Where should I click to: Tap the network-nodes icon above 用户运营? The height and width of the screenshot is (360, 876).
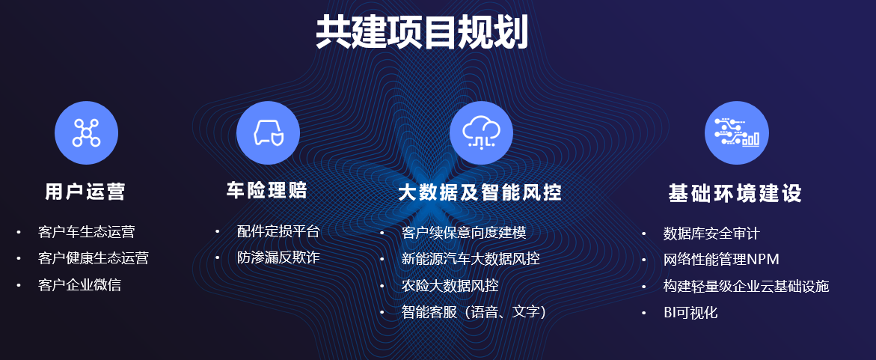pos(86,133)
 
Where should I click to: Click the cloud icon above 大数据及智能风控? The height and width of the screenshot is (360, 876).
pos(481,133)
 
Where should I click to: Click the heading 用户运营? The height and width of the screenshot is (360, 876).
pos(85,192)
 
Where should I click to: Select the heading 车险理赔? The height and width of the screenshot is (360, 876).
pos(267,190)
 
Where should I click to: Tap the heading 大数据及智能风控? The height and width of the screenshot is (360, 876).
pos(480,192)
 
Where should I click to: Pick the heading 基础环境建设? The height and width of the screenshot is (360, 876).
pos(735,193)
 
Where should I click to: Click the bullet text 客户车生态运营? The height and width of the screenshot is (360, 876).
pos(87,231)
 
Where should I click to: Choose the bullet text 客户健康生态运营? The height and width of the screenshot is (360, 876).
pos(94,258)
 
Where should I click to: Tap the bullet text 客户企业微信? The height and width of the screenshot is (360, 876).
pos(79,285)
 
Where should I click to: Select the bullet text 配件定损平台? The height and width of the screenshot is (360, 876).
pos(278,231)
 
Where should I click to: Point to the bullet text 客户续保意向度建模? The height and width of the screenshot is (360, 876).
pos(464,232)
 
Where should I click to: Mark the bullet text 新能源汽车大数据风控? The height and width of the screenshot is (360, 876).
pos(471,259)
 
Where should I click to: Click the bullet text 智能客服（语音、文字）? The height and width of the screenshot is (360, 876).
pos(474,312)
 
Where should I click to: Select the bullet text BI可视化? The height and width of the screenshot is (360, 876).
pos(690,313)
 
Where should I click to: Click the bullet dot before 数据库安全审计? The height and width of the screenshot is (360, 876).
pos(643,233)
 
